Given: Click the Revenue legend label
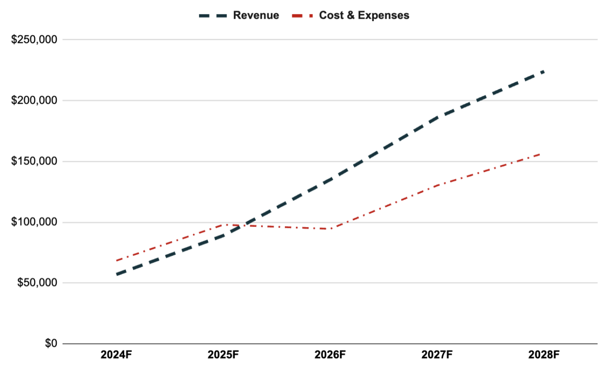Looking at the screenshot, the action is [x=256, y=16].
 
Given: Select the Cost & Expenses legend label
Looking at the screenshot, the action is [x=364, y=16].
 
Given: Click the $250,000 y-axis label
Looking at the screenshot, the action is [x=34, y=39].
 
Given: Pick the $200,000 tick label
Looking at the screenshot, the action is [x=34, y=101].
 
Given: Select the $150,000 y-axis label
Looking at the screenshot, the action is [x=34, y=161].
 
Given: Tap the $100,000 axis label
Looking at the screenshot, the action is [x=34, y=222].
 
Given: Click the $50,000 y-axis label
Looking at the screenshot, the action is [x=37, y=283].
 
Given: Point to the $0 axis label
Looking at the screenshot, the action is [x=51, y=343].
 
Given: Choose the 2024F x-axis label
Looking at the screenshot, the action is [x=116, y=355].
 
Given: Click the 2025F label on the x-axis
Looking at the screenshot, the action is [x=223, y=355].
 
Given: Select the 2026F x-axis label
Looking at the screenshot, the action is [x=330, y=355].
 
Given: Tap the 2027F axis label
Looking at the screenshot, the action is [x=437, y=355].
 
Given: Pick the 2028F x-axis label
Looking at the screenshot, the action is [x=544, y=355].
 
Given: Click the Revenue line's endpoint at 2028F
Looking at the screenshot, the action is [x=544, y=71].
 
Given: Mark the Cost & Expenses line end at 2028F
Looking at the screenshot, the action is [x=541, y=154].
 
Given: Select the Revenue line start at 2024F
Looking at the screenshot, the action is [x=117, y=274].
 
